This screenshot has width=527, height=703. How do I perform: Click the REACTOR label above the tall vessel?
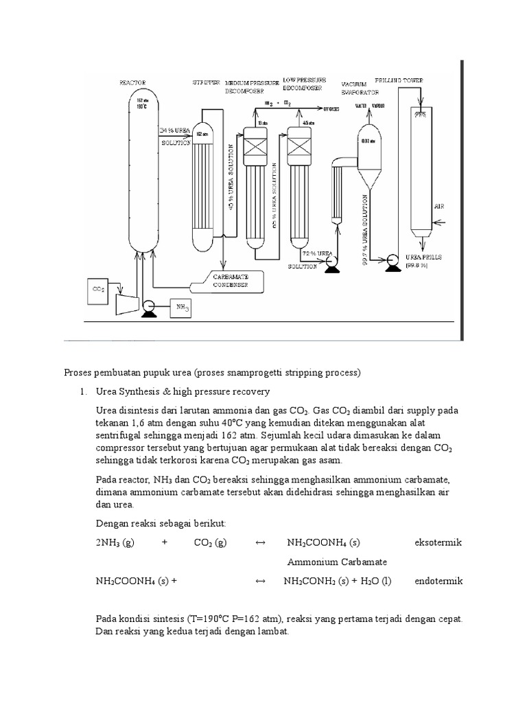[x=132, y=83]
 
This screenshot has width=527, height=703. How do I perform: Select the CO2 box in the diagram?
[x=98, y=290]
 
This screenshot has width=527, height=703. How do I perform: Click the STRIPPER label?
[x=206, y=82]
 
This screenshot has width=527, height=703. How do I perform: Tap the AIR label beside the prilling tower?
[x=438, y=205]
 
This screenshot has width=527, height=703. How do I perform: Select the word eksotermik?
[x=438, y=542]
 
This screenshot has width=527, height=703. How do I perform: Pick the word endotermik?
[x=438, y=581]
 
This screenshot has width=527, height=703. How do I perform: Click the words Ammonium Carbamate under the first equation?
[x=337, y=562]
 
